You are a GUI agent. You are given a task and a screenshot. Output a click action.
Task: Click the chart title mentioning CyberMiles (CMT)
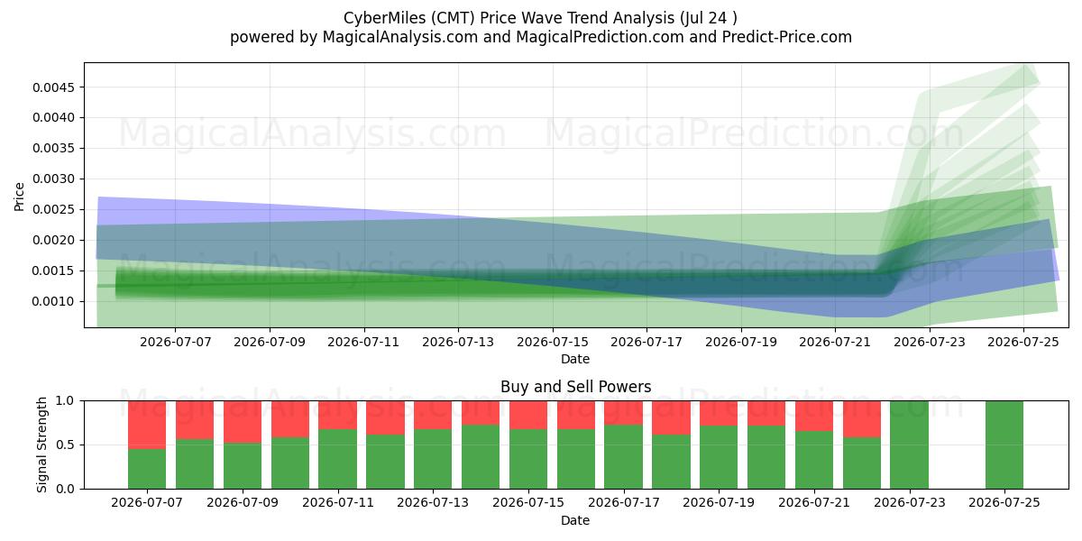pyautogui.click(x=540, y=18)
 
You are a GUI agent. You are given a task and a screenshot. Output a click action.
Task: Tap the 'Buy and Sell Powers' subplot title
pyautogui.click(x=576, y=387)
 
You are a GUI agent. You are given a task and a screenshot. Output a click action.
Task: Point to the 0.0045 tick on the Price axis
pyautogui.click(x=53, y=87)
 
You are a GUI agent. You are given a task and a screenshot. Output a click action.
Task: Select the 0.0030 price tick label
pyautogui.click(x=53, y=179)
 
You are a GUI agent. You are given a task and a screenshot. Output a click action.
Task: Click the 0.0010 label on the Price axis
pyautogui.click(x=53, y=301)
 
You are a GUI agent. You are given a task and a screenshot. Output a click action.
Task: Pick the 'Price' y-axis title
pyautogui.click(x=19, y=197)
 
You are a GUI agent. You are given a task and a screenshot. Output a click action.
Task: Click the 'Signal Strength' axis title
pyautogui.click(x=42, y=445)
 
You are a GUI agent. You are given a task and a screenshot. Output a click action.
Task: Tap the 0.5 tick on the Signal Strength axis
pyautogui.click(x=65, y=445)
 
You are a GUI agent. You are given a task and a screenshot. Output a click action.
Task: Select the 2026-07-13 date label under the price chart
pyautogui.click(x=458, y=342)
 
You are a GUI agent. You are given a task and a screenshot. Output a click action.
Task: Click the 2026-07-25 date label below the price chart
pyautogui.click(x=1023, y=342)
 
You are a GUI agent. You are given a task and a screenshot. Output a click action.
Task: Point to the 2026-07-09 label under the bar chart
pyautogui.click(x=243, y=502)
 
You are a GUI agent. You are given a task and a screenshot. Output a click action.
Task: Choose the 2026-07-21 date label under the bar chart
pyautogui.click(x=814, y=502)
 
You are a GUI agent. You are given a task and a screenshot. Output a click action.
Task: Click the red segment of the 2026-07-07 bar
pyautogui.click(x=147, y=425)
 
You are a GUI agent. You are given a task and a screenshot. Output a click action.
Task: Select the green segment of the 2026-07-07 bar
pyautogui.click(x=147, y=469)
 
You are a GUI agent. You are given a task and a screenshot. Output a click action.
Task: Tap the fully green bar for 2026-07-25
pyautogui.click(x=1004, y=445)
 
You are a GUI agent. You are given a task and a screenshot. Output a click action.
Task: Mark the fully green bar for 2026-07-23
pyautogui.click(x=909, y=445)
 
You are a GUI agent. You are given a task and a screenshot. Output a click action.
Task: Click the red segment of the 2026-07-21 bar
pyautogui.click(x=814, y=416)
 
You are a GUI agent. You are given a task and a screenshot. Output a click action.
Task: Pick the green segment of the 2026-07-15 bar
pyautogui.click(x=528, y=459)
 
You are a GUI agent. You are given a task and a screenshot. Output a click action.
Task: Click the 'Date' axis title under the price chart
pyautogui.click(x=575, y=359)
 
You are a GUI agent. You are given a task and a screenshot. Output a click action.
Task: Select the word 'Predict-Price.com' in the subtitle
pyautogui.click(x=787, y=37)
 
